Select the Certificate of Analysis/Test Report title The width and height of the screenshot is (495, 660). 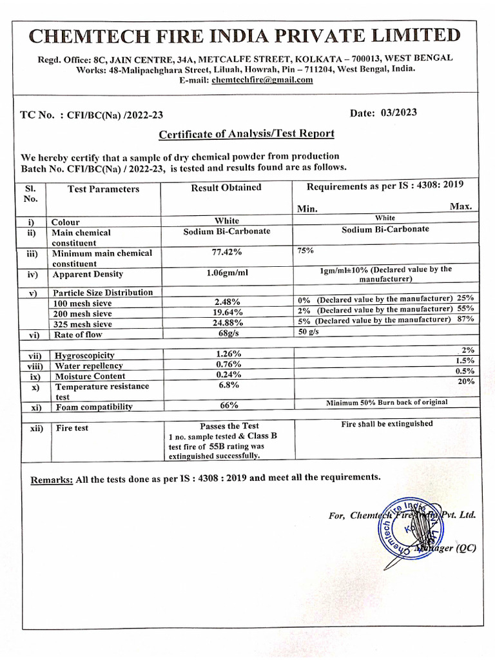coord(247,134)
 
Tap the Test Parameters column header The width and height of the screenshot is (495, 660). coord(103,189)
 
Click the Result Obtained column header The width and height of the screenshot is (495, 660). coord(226,187)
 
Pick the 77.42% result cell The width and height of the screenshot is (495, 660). coord(226,253)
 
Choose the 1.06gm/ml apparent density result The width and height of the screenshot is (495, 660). coord(226,273)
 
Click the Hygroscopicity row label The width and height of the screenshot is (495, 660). coord(84,355)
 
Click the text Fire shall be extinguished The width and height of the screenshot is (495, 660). coord(387,424)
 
